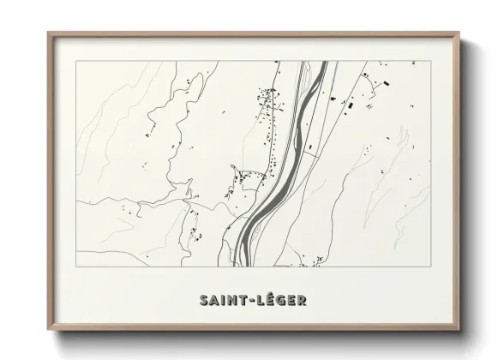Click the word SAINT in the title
222,300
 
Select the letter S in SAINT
204,300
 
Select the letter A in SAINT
213,300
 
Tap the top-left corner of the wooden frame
48,33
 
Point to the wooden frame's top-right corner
460,33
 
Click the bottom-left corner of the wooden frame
48,331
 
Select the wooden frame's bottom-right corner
460,331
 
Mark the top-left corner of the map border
76,61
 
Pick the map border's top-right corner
431,61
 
